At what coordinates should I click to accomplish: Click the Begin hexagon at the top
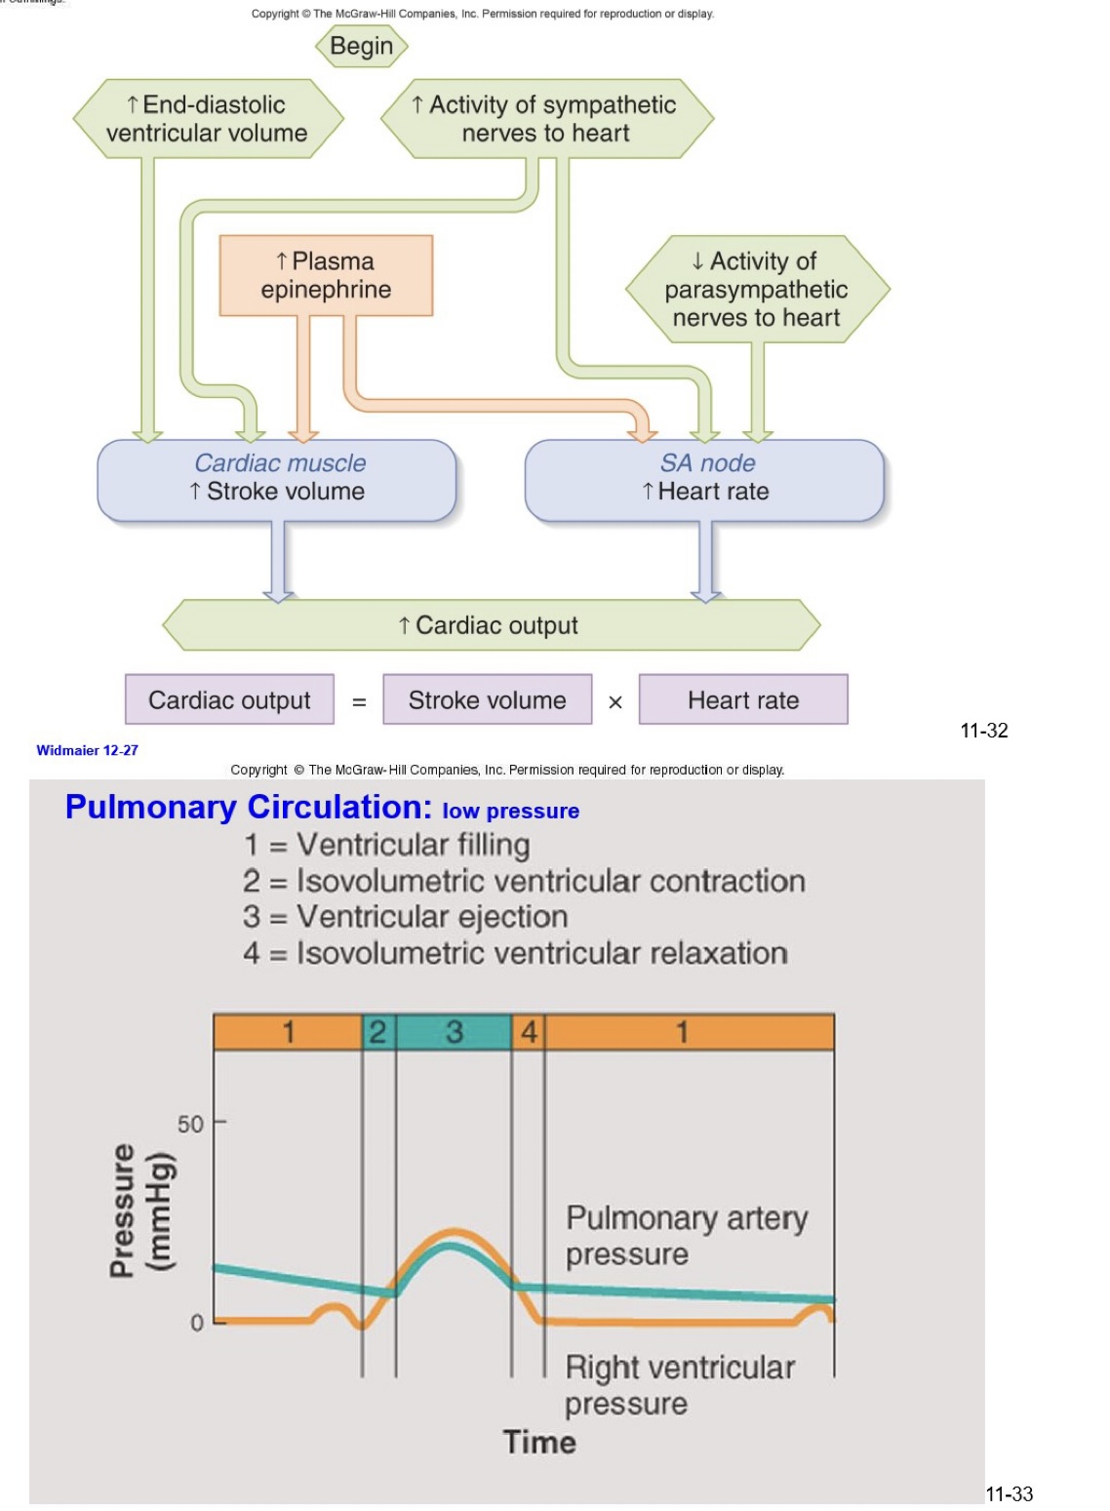tap(361, 46)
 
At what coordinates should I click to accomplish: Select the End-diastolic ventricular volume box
tap(208, 119)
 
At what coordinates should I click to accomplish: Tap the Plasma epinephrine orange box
tap(326, 275)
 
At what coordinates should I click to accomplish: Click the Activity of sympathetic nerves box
tap(546, 119)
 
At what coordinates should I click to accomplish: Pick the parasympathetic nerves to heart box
tap(757, 289)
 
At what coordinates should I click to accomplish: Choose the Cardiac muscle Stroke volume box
tap(277, 479)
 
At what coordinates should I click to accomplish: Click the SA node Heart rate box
tap(705, 479)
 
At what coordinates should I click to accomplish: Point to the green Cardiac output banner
tap(490, 625)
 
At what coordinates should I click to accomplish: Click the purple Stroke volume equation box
tap(487, 700)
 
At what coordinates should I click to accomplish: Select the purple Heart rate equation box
tap(743, 700)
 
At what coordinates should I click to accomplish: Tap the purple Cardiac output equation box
tap(229, 700)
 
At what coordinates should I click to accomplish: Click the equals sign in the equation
tap(359, 702)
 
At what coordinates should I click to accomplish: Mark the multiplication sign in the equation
tap(615, 702)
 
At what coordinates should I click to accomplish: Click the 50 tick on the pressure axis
tap(191, 1124)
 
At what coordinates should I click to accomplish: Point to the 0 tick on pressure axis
tap(197, 1323)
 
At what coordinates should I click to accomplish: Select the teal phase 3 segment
tap(454, 1032)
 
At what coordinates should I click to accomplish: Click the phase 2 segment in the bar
tap(378, 1032)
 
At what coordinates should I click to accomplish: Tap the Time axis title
tap(539, 1442)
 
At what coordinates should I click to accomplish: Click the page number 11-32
tap(983, 731)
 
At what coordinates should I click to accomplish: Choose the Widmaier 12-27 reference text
tap(87, 750)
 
